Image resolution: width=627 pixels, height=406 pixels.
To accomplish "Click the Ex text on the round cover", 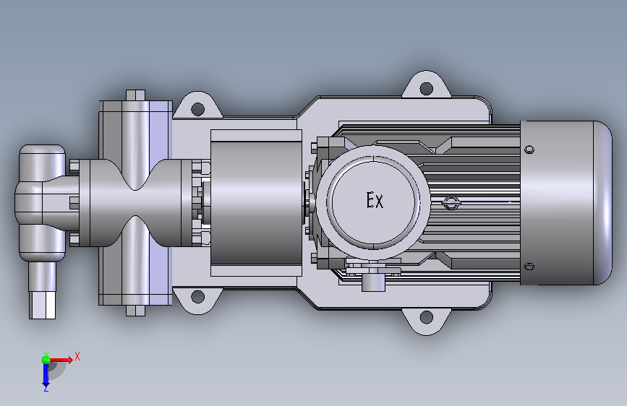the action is click(375, 200).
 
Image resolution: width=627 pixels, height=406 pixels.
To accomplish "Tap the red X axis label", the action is click(77, 356).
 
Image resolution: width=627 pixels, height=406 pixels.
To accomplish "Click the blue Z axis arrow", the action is click(46, 375).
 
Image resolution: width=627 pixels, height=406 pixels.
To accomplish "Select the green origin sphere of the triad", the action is click(46, 360).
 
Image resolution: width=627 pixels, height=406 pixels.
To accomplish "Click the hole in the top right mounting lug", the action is click(426, 88).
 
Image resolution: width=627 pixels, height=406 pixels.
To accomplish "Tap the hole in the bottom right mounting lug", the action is click(426, 317).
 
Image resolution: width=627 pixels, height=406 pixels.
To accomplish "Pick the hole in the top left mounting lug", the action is click(197, 108).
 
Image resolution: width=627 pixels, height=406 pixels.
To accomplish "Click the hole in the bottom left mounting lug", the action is click(197, 296).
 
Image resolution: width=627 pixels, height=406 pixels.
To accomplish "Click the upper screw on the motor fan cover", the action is click(529, 150).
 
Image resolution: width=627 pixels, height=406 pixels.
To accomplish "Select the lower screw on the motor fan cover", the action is click(529, 267).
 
